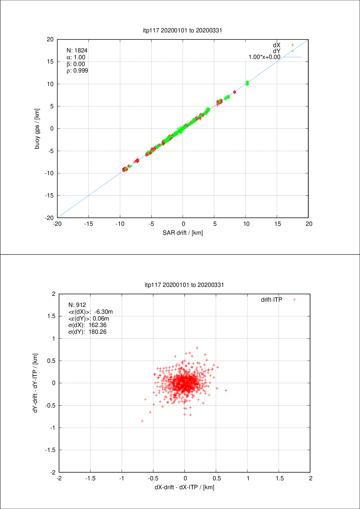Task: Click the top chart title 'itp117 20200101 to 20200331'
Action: tap(182, 30)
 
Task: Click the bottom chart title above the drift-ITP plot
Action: tap(184, 285)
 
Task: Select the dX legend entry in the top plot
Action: tap(277, 45)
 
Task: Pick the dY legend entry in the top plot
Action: tap(277, 51)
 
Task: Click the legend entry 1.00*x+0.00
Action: tap(264, 57)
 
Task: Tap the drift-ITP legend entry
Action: tap(272, 300)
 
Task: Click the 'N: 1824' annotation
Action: tap(77, 50)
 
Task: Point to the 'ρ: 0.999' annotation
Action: tap(77, 71)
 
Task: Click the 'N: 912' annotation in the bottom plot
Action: tap(77, 305)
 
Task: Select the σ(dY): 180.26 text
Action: tap(87, 332)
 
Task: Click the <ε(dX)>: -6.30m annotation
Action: tap(90, 312)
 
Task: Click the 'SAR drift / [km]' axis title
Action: tap(183, 233)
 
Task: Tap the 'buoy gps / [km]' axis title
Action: tap(37, 129)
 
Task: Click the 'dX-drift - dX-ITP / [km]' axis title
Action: tap(184, 487)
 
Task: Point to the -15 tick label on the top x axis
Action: tap(88, 224)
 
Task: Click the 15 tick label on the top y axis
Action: tap(50, 62)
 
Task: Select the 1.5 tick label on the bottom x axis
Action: tap(280, 478)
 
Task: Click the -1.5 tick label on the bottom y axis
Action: tap(50, 450)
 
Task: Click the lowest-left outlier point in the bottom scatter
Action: tap(142, 421)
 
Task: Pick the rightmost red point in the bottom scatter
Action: tap(226, 391)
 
